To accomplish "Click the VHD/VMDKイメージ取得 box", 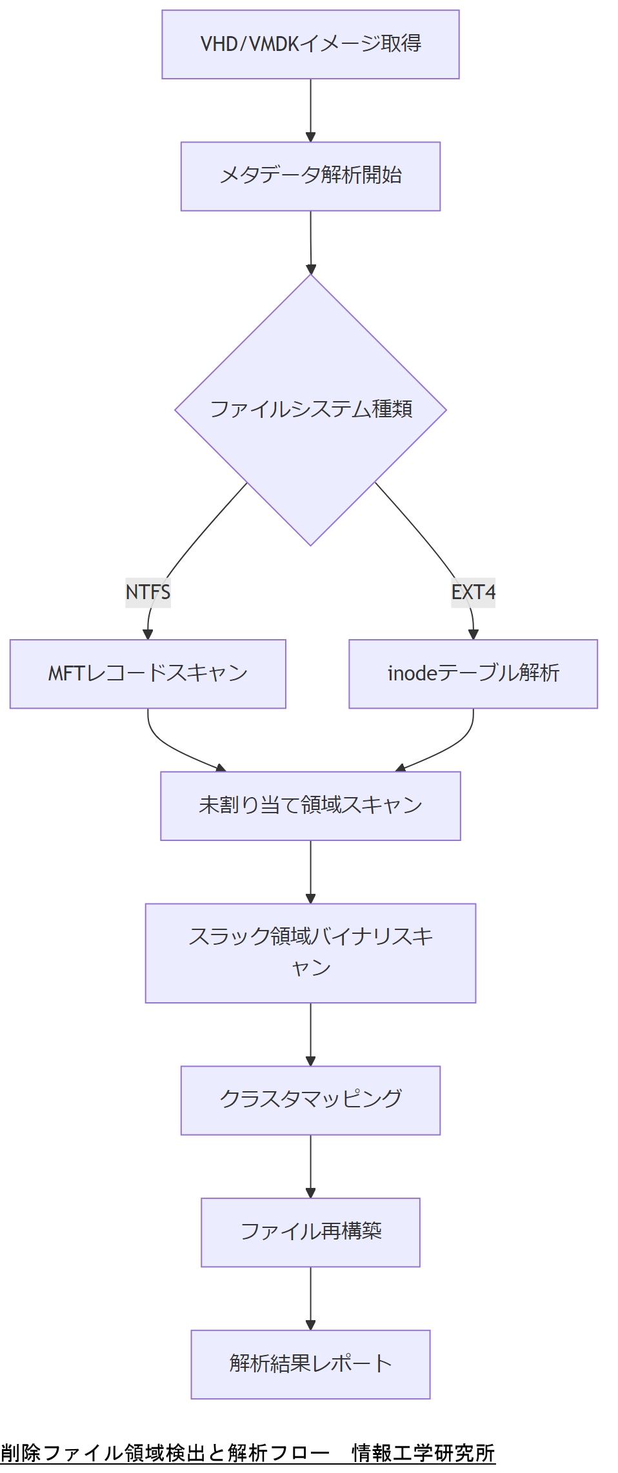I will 310,44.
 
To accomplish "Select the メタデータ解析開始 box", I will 310,176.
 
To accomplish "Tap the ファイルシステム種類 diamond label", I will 310,410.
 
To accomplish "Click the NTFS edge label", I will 148,592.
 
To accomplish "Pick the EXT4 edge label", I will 473,592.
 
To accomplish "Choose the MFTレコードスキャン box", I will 148,674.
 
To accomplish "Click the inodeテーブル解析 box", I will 473,674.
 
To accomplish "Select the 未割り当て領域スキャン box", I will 310,806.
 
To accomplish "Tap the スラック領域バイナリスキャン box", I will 310,953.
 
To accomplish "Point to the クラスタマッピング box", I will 310,1100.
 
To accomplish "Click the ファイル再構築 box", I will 310,1232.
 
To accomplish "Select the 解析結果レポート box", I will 310,1363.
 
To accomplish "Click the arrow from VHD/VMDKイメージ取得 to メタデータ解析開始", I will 310,110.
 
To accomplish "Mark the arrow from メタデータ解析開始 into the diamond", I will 310,242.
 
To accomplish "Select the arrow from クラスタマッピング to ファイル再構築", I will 310,1166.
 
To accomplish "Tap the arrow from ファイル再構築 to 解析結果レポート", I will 310,1298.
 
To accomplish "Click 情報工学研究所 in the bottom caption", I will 423,1452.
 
